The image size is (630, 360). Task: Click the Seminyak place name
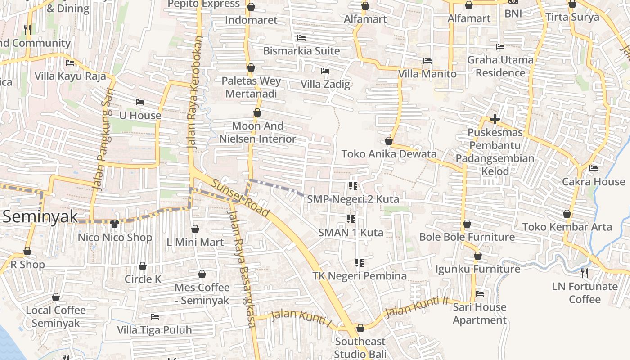(x=40, y=216)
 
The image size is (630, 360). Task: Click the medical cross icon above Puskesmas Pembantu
(x=495, y=119)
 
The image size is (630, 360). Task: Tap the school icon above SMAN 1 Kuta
(x=351, y=219)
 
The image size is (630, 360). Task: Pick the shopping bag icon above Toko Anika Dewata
(x=389, y=141)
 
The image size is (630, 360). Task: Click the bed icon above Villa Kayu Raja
(x=70, y=63)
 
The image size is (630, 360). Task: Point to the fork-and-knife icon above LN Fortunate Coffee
(x=585, y=273)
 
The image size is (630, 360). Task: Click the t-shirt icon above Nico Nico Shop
(x=115, y=224)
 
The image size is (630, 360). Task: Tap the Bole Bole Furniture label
(x=467, y=237)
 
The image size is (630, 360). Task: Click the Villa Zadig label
(x=325, y=84)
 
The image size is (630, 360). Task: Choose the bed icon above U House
(x=140, y=102)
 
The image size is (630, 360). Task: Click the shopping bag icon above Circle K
(x=143, y=266)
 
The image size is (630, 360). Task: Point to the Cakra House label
(x=594, y=182)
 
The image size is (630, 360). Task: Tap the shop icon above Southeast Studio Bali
(x=360, y=328)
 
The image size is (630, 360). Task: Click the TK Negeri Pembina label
(x=360, y=276)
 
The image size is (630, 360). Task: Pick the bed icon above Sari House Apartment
(x=480, y=294)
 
